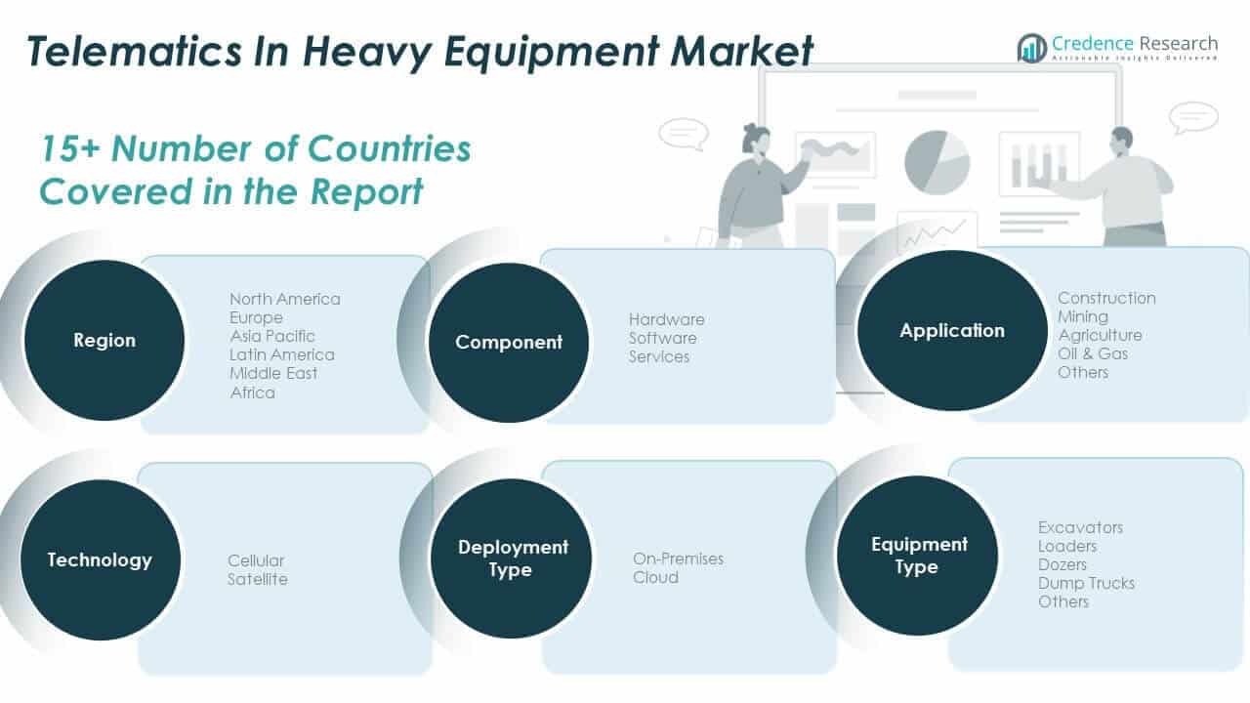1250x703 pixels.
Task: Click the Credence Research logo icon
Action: [x=1031, y=47]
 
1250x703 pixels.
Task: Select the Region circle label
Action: [x=104, y=341]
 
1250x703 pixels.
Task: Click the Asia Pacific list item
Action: [x=272, y=336]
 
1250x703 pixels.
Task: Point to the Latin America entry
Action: [x=281, y=354]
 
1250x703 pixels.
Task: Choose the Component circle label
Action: [x=509, y=343]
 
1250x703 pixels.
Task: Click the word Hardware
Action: [x=666, y=319]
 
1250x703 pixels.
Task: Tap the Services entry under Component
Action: [x=659, y=356]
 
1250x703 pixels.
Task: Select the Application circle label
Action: [x=952, y=331]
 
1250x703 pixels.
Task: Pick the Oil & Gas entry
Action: [x=1093, y=353]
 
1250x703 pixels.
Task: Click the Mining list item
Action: [x=1083, y=316]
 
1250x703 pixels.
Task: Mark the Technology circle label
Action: [x=100, y=560]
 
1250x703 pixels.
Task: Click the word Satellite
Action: [x=258, y=579]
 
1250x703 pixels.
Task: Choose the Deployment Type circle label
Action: [x=513, y=558]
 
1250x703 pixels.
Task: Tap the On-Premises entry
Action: [x=678, y=558]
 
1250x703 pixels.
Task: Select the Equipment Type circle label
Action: [x=919, y=556]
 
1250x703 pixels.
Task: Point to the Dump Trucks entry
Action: [x=1086, y=583]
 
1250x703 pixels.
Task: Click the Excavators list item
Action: [x=1080, y=527]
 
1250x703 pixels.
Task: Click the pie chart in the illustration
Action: [x=937, y=162]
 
